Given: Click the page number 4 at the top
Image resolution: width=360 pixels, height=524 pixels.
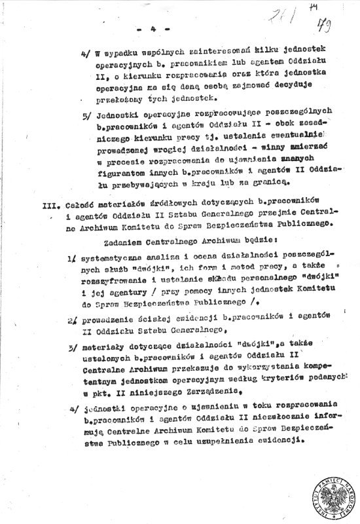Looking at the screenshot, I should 154,29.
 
